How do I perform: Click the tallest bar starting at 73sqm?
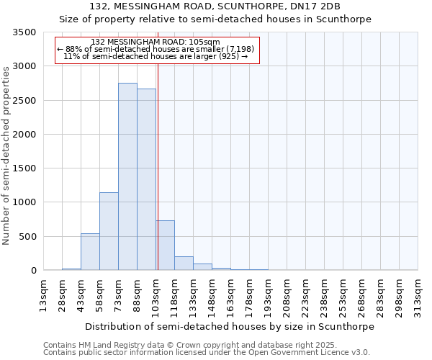click(127, 176)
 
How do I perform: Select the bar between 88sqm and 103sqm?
click(146, 179)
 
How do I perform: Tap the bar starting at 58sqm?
click(109, 231)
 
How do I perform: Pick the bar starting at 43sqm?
click(90, 252)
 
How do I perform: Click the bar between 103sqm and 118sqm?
click(165, 246)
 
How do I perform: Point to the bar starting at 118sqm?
click(184, 264)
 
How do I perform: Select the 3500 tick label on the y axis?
click(24, 32)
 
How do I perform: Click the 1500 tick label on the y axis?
click(24, 168)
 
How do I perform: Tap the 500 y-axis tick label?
click(27, 237)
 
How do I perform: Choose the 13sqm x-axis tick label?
click(44, 296)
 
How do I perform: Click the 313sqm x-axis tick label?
click(418, 296)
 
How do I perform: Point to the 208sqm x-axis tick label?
click(287, 296)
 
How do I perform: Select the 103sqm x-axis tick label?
click(156, 296)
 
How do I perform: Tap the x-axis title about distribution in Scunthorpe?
click(230, 326)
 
